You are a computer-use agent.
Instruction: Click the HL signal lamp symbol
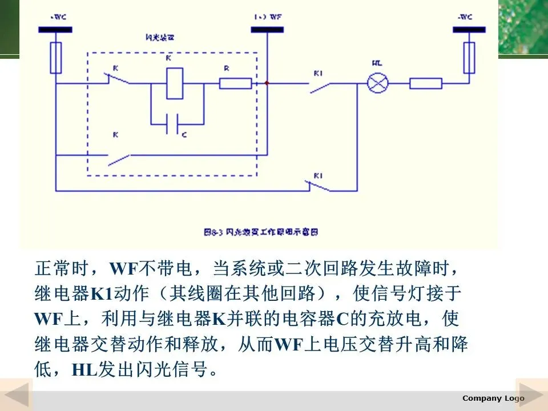tap(377, 84)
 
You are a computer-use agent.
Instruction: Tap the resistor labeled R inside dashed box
tap(235, 84)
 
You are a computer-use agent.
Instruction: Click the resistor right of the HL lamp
tap(426, 84)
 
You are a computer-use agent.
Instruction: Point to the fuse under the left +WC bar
tap(55, 58)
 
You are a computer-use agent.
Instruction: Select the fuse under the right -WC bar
tap(469, 58)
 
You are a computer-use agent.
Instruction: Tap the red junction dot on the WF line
tap(267, 83)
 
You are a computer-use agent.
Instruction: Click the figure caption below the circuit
tap(260, 232)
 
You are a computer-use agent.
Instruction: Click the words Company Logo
tap(493, 398)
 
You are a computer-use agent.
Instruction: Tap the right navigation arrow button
tap(531, 394)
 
